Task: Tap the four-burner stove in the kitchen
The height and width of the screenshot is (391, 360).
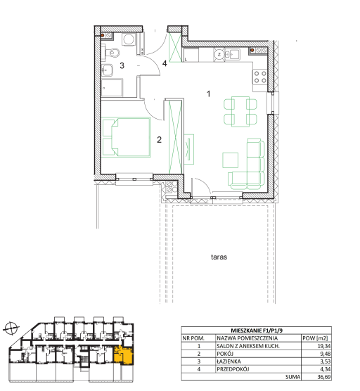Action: [x=260, y=77]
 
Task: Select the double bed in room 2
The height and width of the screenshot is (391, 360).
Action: [x=127, y=137]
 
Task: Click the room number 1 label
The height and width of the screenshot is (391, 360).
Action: [x=209, y=94]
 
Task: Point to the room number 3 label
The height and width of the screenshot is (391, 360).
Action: [x=122, y=65]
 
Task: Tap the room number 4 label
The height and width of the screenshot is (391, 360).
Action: [x=165, y=63]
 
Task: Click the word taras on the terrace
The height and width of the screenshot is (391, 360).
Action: [x=219, y=257]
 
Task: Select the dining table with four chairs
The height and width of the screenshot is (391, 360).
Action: [x=240, y=112]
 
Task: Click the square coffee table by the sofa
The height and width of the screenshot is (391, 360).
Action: [x=231, y=160]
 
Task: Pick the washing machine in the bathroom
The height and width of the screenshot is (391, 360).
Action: [x=129, y=39]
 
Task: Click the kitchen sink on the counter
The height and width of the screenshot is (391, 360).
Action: [x=232, y=54]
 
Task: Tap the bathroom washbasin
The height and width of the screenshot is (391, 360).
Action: [x=107, y=70]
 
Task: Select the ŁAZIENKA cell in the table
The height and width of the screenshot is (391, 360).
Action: [x=229, y=361]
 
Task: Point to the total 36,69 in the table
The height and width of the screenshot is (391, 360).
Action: [x=324, y=377]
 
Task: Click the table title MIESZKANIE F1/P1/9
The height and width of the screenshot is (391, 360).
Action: [x=257, y=331]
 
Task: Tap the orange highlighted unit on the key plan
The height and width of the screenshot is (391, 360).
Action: [x=124, y=355]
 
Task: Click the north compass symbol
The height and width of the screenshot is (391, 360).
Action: [x=11, y=328]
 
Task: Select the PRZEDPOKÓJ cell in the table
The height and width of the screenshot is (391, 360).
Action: [x=233, y=369]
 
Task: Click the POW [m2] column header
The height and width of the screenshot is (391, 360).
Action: [x=315, y=338]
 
